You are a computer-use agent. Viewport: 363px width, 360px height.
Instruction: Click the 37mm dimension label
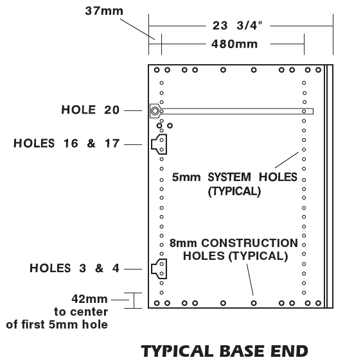pyautogui.click(x=104, y=11)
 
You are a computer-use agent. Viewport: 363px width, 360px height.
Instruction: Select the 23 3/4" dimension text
pyautogui.click(x=238, y=26)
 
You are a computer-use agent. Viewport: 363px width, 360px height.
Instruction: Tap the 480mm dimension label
pyautogui.click(x=235, y=44)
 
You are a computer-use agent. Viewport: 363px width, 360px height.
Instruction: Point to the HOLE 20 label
pyautogui.click(x=91, y=110)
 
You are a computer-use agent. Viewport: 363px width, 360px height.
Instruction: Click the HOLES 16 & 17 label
pyautogui.click(x=66, y=143)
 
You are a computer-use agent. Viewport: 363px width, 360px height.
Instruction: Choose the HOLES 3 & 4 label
pyautogui.click(x=75, y=268)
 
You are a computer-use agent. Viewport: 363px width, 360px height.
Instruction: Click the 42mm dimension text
pyautogui.click(x=89, y=299)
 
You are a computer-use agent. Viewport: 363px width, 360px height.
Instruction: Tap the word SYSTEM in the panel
pyautogui.click(x=229, y=177)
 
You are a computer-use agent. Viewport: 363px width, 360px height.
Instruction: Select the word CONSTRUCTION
pyautogui.click(x=249, y=243)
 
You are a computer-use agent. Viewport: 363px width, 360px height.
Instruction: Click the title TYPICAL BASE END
pyautogui.click(x=225, y=351)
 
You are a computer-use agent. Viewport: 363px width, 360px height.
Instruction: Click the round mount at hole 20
pyautogui.click(x=155, y=111)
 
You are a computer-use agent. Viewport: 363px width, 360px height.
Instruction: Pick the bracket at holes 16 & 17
pyautogui.click(x=159, y=144)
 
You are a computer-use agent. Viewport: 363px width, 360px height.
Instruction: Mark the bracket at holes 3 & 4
pyautogui.click(x=159, y=269)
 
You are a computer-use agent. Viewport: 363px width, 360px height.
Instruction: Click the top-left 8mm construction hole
pyautogui.click(x=157, y=70)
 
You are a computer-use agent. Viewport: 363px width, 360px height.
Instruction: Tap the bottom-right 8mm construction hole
pyautogui.click(x=318, y=303)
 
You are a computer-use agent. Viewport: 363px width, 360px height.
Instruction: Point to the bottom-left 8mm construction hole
pyautogui.click(x=157, y=303)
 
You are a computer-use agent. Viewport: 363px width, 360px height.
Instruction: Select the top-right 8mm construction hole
pyautogui.click(x=318, y=70)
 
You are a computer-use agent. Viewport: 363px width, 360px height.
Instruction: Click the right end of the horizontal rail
pyautogui.click(x=314, y=111)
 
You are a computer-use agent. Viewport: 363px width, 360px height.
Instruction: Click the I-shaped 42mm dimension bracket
pyautogui.click(x=134, y=300)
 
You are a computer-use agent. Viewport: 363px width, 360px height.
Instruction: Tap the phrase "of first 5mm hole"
pyautogui.click(x=57, y=325)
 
